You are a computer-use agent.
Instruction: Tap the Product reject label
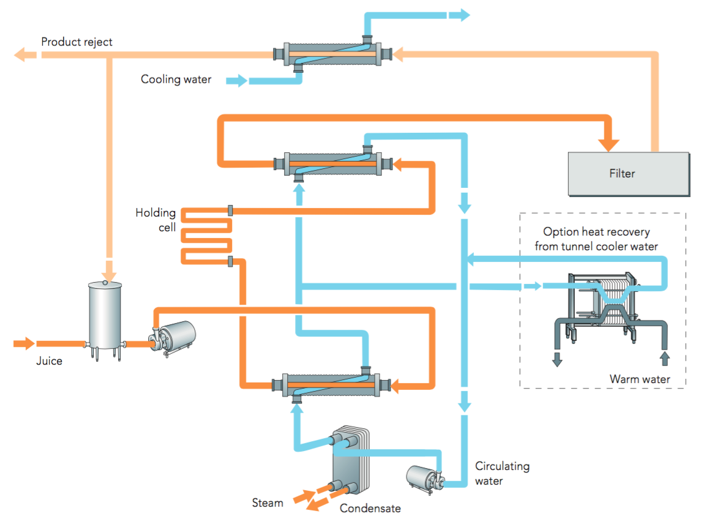(x=77, y=42)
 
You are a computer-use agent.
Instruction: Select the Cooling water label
(x=176, y=79)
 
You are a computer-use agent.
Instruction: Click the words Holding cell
(x=156, y=220)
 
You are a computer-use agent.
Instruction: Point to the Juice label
(x=49, y=361)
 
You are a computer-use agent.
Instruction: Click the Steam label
(x=268, y=503)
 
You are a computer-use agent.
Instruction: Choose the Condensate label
(x=370, y=509)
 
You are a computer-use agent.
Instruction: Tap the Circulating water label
(x=502, y=473)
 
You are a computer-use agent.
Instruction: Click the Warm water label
(x=639, y=379)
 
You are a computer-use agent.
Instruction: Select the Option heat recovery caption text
(x=596, y=239)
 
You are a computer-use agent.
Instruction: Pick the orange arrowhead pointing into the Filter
(x=609, y=144)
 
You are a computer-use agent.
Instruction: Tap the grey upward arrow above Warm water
(x=665, y=357)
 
